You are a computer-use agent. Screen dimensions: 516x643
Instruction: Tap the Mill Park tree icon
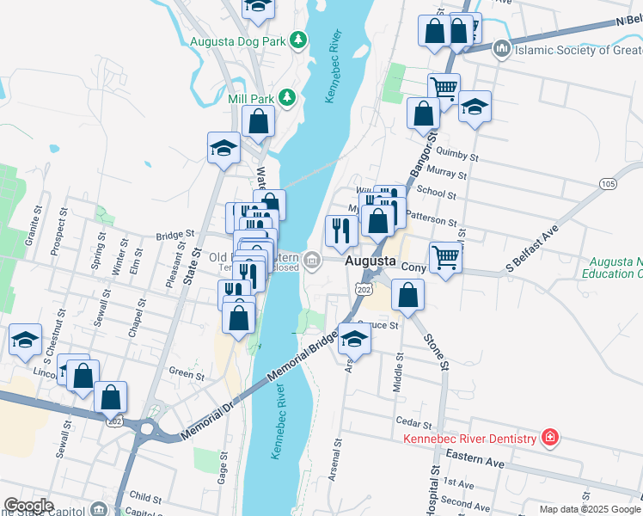(x=286, y=98)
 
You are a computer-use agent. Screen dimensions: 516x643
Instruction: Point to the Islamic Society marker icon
(x=501, y=49)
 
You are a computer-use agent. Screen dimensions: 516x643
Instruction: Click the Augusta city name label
(x=370, y=260)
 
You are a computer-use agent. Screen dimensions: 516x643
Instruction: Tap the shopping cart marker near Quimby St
(x=444, y=87)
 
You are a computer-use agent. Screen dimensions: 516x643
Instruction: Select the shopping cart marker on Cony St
(x=444, y=255)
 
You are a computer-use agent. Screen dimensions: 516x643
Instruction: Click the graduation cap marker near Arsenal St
(x=353, y=338)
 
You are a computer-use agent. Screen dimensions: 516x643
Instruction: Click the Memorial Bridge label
(x=303, y=358)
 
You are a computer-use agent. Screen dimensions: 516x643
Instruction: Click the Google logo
(x=28, y=506)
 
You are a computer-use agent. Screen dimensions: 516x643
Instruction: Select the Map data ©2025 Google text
(x=589, y=509)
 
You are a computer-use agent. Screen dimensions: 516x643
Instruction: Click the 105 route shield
(x=609, y=184)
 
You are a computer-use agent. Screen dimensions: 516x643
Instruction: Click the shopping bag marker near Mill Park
(x=258, y=121)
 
